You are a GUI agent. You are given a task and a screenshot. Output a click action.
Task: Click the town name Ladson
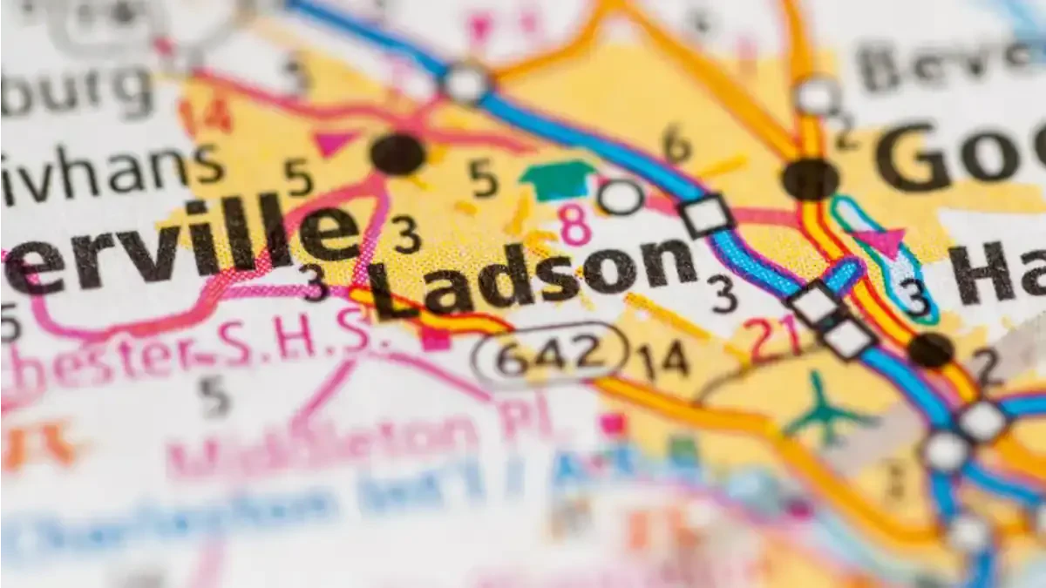click(532, 274)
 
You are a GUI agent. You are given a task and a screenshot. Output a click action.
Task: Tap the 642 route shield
click(550, 355)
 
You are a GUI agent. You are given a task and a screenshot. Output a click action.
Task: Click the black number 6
click(676, 144)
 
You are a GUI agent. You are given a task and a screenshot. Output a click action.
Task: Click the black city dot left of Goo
click(810, 179)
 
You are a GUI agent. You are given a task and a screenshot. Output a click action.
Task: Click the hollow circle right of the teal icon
click(621, 197)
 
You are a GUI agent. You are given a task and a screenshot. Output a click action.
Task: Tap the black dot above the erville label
click(397, 154)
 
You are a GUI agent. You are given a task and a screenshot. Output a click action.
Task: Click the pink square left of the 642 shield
click(434, 339)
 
